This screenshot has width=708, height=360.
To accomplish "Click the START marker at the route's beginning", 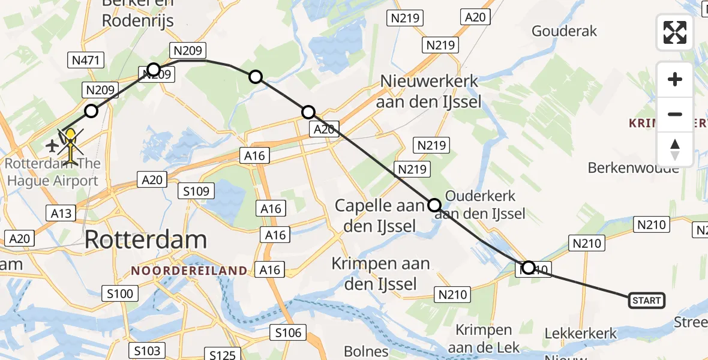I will pyautogui.click(x=646, y=301).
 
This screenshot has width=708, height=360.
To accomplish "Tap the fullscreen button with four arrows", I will pyautogui.click(x=675, y=32).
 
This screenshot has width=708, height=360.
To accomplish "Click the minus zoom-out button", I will pyautogui.click(x=675, y=114).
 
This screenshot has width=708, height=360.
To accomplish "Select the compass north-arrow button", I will pyautogui.click(x=675, y=149).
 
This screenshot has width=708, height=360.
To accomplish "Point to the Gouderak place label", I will pyautogui.click(x=564, y=31).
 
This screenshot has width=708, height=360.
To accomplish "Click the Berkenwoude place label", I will pyautogui.click(x=633, y=167).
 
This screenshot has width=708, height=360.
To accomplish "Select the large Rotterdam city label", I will pyautogui.click(x=146, y=239).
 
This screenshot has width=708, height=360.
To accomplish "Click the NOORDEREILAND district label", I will pyautogui.click(x=189, y=271).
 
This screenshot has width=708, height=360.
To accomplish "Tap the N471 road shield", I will pyautogui.click(x=88, y=60).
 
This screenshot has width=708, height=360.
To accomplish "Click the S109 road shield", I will pyautogui.click(x=197, y=191).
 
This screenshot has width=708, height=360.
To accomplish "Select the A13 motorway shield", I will pyautogui.click(x=59, y=212).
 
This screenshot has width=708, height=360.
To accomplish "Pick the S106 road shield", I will pyautogui.click(x=288, y=332).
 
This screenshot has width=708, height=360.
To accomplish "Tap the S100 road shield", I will pyautogui.click(x=120, y=294).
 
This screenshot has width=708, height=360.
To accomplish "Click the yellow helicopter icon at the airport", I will pyautogui.click(x=71, y=146).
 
